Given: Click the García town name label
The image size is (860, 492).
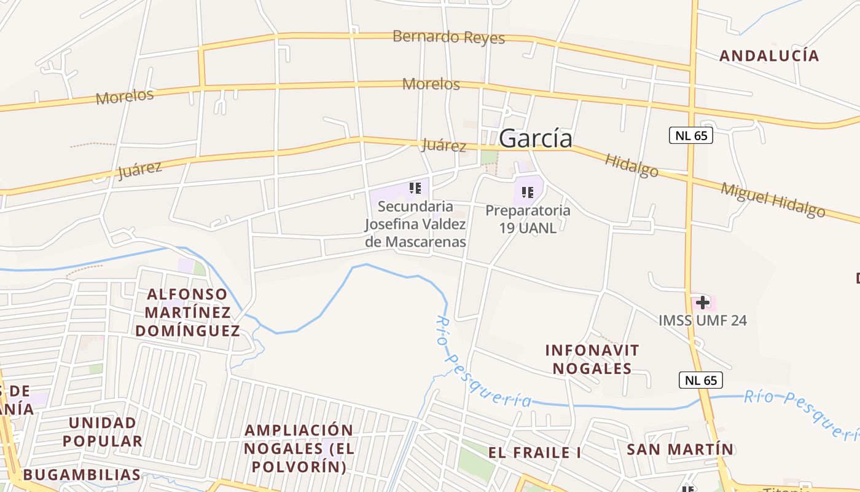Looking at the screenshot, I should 536,139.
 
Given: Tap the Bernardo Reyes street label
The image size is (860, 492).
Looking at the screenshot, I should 448,37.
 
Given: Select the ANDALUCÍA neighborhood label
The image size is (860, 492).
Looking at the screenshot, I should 769,56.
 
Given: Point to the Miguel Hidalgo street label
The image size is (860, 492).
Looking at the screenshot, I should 773,199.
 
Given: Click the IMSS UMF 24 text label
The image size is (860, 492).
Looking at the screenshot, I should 703,320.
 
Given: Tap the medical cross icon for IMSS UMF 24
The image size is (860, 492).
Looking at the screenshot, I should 703,303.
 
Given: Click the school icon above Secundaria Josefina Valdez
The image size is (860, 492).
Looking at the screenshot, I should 415,188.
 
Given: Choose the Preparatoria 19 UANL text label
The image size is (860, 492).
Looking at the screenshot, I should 528,219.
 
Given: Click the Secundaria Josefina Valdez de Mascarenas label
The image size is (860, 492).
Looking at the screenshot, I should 415,224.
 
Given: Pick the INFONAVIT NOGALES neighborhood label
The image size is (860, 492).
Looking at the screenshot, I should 592,359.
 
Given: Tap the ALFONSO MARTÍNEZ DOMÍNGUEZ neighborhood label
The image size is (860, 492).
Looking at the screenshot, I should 187,312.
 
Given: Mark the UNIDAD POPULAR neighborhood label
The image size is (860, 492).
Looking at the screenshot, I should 102,432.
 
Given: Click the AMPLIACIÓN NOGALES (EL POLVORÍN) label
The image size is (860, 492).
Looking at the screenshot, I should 299,448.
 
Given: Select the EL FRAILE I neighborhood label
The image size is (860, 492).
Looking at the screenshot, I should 535,453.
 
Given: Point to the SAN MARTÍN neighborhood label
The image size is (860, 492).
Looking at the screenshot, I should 680,450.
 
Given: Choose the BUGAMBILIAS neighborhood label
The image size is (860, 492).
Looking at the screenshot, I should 82,475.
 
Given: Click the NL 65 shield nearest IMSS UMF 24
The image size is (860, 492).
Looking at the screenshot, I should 700,380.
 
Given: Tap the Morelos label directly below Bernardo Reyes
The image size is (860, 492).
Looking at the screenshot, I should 431,84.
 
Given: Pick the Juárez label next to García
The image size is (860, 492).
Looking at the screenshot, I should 444,146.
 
